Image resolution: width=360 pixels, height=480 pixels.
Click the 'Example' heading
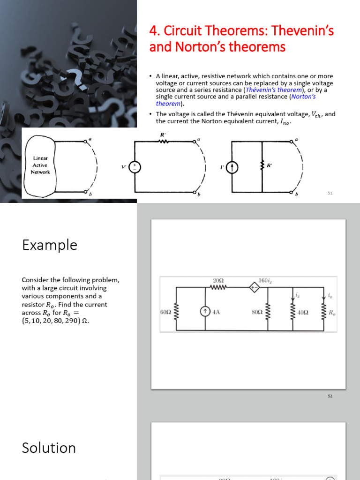click(x=49, y=245)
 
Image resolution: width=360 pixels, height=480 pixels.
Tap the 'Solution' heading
click(x=49, y=448)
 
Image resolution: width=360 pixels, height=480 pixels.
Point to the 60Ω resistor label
click(x=165, y=312)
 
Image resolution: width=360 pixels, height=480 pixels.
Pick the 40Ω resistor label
click(x=303, y=312)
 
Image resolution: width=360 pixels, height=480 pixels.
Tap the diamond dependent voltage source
click(x=254, y=287)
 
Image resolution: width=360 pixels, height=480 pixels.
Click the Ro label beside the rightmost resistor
click(x=331, y=312)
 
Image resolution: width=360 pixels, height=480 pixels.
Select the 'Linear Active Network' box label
click(x=40, y=165)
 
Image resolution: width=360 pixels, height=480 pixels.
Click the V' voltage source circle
click(x=135, y=167)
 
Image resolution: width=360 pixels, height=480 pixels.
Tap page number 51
click(x=330, y=193)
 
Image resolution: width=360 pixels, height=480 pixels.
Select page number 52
click(x=330, y=396)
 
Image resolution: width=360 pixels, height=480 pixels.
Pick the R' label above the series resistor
click(x=163, y=135)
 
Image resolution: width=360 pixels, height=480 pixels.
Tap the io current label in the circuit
click(x=330, y=296)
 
